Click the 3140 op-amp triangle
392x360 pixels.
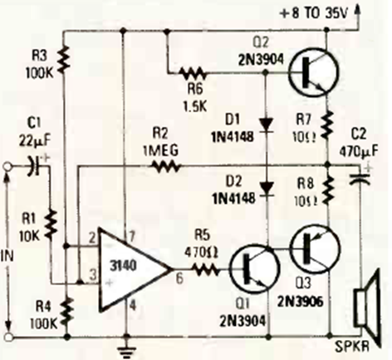click(x=130, y=269)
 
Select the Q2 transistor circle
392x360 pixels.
click(x=313, y=72)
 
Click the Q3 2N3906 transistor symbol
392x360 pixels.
click(x=316, y=249)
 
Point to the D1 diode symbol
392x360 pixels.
click(x=266, y=125)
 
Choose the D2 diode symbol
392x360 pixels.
click(x=266, y=189)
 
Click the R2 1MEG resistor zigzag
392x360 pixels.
click(x=164, y=166)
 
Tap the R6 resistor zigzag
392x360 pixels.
click(x=193, y=74)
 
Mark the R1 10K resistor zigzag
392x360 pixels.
click(x=51, y=224)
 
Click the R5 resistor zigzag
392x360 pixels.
click(x=204, y=269)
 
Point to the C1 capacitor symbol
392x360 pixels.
click(x=34, y=167)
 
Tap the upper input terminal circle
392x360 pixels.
click(x=8, y=167)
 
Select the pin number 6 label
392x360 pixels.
click(x=179, y=279)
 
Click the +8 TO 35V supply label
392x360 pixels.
click(x=313, y=13)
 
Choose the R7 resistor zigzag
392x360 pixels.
click(x=327, y=124)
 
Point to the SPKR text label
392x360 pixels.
click(x=353, y=347)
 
